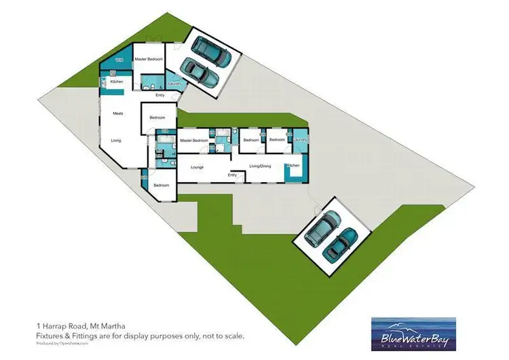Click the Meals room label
[x=117, y=113]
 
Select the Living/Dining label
[x=260, y=166]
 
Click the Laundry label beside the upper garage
[x=173, y=84]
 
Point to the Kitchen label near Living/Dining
[x=293, y=166]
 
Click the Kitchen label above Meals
[x=116, y=82]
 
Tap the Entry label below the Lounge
[x=232, y=175]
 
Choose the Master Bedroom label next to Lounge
[x=193, y=141]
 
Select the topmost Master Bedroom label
[x=149, y=60]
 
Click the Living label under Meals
[x=116, y=141]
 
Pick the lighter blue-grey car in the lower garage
[x=321, y=228]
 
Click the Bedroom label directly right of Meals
[x=157, y=118]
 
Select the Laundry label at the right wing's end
[x=301, y=141]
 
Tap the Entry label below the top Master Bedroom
[x=160, y=95]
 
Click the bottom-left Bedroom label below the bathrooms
[x=161, y=185]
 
